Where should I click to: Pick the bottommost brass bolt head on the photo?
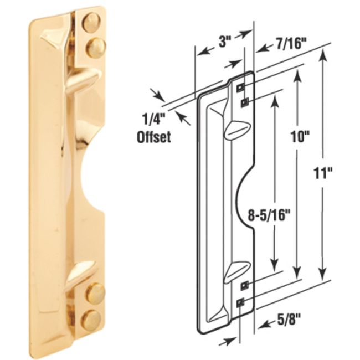point(91,320)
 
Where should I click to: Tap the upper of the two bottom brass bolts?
point(95,292)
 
